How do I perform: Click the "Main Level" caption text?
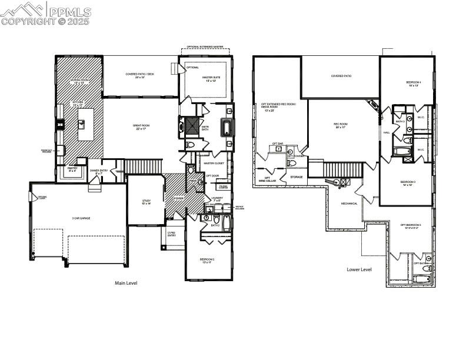pos(125,283)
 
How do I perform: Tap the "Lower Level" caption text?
pos(359,269)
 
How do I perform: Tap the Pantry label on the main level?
pos(72,169)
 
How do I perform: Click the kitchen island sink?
pos(81,124)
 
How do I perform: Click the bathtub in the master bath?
pos(227,128)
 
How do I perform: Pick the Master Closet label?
pos(211,164)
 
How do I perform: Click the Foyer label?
pos(178,198)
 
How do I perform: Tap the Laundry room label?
pos(217,199)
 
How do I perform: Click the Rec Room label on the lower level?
pos(341,125)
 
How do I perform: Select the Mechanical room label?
pos(349,204)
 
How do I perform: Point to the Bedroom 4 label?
pos(413,84)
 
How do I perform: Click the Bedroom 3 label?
pos(408,183)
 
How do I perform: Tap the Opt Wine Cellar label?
pos(267,179)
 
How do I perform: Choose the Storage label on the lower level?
pos(297,177)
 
